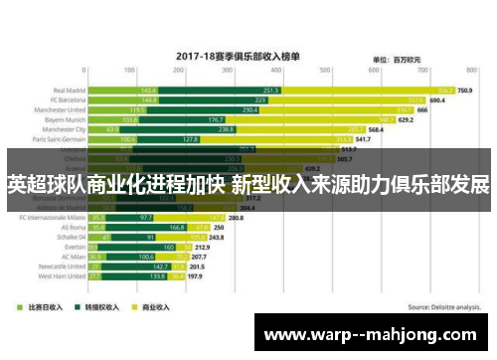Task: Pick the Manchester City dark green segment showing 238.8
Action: [x=227, y=129]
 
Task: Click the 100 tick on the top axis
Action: [x=128, y=71]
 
